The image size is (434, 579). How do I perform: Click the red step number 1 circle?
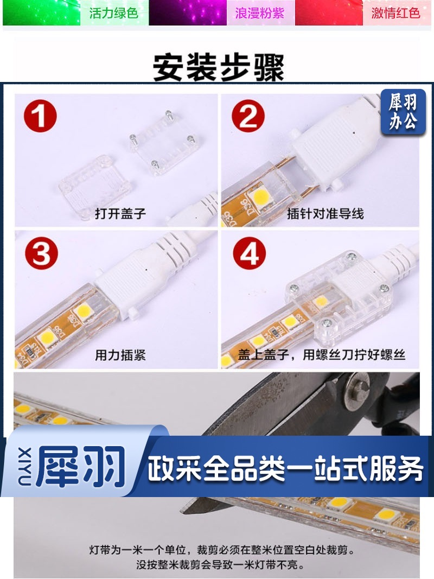point(40,116)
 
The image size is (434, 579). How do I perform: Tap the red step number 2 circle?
point(248,116)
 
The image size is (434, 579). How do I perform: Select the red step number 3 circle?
point(41,253)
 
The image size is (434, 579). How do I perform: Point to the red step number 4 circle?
point(249,253)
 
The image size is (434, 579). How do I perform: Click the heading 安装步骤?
point(219,67)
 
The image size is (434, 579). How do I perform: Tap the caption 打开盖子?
point(120,213)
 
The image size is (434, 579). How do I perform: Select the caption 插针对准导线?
point(325,213)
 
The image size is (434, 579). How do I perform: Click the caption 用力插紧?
point(120,355)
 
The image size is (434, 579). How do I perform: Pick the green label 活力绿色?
point(114,13)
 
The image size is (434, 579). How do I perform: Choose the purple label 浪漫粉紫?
point(260,13)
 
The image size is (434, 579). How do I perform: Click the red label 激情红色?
point(395,13)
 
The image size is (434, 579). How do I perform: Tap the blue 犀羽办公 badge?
point(403,112)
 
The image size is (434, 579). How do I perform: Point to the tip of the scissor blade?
point(182,511)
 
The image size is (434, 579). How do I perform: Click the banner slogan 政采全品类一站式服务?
point(285,469)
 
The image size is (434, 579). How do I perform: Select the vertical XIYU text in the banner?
point(24,467)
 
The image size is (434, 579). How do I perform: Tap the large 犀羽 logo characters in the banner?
point(80,467)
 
